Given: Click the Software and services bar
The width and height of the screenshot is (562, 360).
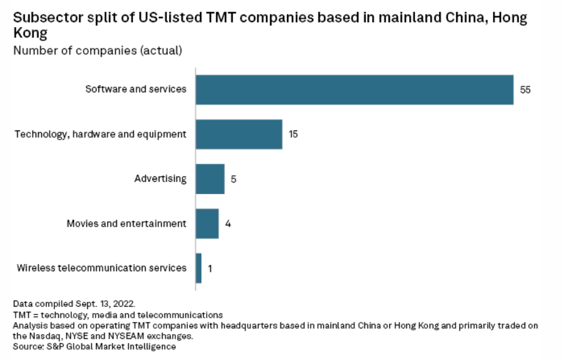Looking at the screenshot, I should click(x=354, y=89).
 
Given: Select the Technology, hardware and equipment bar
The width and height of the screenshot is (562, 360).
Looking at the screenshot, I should click(x=239, y=134).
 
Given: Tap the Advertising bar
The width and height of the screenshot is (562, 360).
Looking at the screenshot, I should click(x=210, y=179).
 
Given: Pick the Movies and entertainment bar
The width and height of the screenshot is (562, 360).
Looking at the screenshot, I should click(x=207, y=223).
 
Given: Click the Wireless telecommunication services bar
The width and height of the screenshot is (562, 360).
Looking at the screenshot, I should click(x=198, y=268).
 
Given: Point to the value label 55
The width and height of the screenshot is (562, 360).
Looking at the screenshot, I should click(x=525, y=89).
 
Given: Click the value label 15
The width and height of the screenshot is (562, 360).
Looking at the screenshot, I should click(x=293, y=134).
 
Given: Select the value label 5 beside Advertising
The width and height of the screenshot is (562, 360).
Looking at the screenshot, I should click(x=233, y=179).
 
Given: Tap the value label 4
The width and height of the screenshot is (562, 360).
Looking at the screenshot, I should click(x=228, y=224).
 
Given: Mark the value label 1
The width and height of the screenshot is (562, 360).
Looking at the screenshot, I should click(x=210, y=269).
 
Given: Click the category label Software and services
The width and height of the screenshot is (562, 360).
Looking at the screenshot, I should click(x=136, y=89).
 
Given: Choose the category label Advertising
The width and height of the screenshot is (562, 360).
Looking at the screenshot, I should click(x=160, y=179).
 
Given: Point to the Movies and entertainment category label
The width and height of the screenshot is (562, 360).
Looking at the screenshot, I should click(x=126, y=223).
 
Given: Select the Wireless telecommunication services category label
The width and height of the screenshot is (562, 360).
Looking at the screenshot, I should click(x=102, y=268).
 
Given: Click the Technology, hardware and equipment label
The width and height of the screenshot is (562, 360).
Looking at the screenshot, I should click(x=100, y=134).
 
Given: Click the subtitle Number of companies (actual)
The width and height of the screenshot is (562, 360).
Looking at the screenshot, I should click(x=97, y=51).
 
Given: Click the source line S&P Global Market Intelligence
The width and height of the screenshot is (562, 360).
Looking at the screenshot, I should click(x=94, y=347).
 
